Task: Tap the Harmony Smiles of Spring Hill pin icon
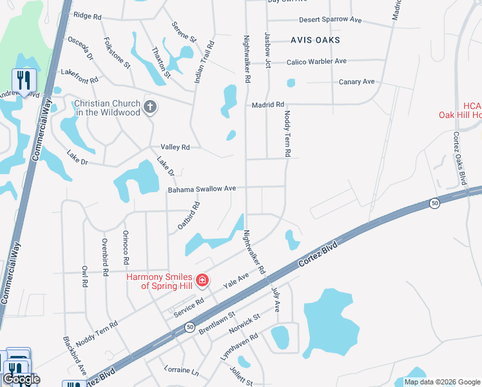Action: tap(202, 280)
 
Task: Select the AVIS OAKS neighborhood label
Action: tap(315, 40)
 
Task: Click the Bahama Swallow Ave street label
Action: tap(202, 189)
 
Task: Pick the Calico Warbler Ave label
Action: tap(314, 61)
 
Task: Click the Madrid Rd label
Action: tap(269, 104)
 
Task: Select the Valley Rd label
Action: tap(175, 148)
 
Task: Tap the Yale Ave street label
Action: tap(235, 281)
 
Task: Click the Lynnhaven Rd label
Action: tap(238, 345)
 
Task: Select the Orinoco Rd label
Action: tap(126, 248)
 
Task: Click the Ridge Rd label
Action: tap(88, 15)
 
